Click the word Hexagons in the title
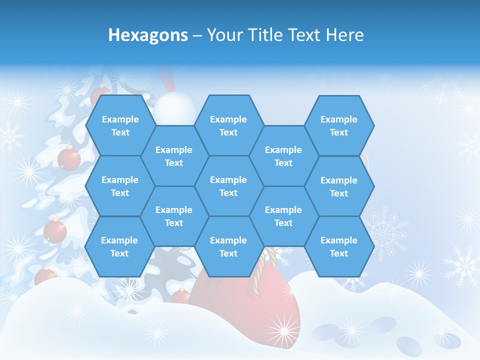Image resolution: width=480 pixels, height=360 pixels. tap(148, 35)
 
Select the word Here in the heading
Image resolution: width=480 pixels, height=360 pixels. tap(344, 35)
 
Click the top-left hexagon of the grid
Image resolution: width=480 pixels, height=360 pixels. tap(120, 125)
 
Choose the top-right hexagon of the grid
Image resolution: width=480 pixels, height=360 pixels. tap(339, 125)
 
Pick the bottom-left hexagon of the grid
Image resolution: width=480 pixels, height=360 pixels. tap(119, 246)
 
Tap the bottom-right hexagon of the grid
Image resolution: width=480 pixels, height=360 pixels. tap(339, 246)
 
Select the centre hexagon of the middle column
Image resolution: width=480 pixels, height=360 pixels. tap(228, 186)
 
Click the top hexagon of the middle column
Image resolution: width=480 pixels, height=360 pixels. tap(228, 125)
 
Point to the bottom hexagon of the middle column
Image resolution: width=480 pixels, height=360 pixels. tap(228, 246)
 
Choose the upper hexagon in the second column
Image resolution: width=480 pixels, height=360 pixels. tap(174, 156)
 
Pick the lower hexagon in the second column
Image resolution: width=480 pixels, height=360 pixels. tap(174, 216)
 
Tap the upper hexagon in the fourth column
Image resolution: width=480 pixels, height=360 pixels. tap(283, 156)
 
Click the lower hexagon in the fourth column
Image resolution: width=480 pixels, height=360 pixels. tap(283, 216)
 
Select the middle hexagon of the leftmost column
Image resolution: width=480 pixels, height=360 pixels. tap(120, 186)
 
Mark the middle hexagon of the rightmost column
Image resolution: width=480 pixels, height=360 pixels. tap(339, 186)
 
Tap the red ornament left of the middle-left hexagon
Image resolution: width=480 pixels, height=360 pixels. tap(69, 159)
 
